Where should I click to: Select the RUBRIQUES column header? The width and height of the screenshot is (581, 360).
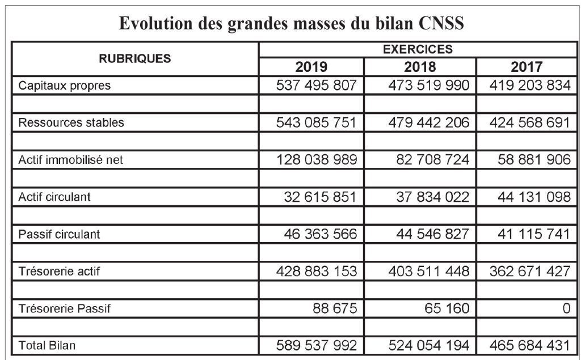tap(135, 58)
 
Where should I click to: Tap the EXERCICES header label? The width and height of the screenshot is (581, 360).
tap(418, 49)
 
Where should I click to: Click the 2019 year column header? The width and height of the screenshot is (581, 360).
tap(311, 67)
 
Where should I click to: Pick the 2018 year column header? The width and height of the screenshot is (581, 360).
tap(420, 67)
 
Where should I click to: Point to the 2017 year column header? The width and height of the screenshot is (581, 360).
tap(527, 67)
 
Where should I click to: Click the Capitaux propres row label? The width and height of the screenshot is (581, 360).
tap(65, 86)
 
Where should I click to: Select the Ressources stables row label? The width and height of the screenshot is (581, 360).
tap(71, 122)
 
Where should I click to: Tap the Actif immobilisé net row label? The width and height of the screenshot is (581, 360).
tap(71, 160)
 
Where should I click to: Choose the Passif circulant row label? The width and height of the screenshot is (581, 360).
tap(60, 234)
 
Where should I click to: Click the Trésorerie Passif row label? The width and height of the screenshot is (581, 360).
tap(65, 309)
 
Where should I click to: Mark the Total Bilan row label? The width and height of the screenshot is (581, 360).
tap(47, 345)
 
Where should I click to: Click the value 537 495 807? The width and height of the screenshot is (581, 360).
tap(317, 86)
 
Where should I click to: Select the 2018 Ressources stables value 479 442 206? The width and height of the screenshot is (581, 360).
tap(429, 122)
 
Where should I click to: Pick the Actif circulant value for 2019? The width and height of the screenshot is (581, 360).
tap(321, 197)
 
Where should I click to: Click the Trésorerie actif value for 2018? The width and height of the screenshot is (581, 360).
tap(429, 271)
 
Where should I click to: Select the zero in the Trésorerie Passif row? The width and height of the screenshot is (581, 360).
tap(565, 309)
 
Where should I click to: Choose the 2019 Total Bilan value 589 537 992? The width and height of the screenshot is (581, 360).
tap(317, 345)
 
